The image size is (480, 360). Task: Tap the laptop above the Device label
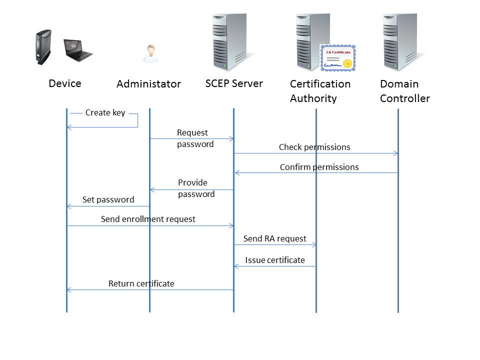[77, 49]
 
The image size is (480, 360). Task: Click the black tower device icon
[43, 47]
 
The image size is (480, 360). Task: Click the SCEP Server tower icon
[229, 42]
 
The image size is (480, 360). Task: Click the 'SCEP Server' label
[234, 83]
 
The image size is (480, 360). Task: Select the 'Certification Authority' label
[320, 91]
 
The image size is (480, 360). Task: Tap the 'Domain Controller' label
[405, 91]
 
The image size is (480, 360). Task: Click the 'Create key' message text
[105, 113]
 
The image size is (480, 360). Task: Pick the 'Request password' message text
[195, 138]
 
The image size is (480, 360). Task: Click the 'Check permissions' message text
[314, 147]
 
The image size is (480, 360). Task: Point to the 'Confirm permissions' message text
[319, 167]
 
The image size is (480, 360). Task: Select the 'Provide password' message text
[196, 188]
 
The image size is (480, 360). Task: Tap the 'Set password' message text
[108, 200]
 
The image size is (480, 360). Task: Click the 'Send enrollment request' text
[148, 219]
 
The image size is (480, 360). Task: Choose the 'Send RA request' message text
[274, 239]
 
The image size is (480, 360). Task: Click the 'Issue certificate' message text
[275, 260]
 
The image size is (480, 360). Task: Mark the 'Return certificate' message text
[141, 284]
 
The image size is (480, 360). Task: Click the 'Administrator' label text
[148, 84]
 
